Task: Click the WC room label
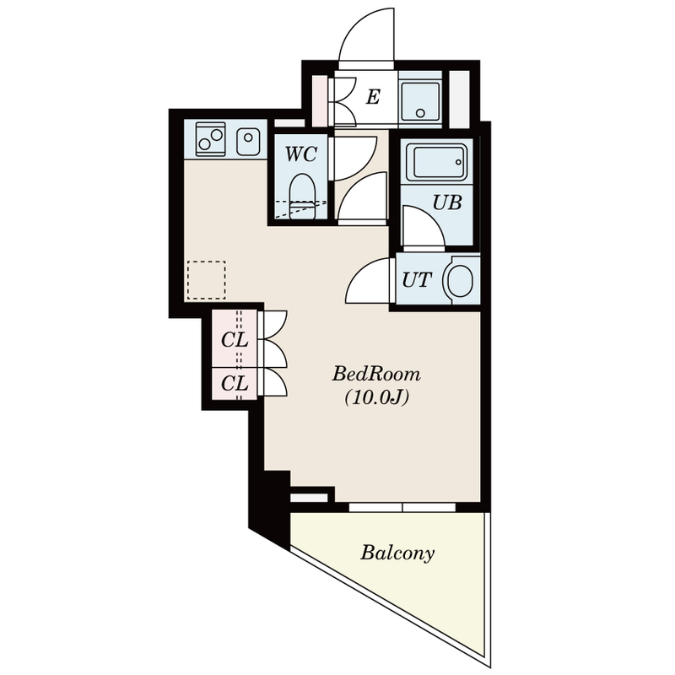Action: pos(301,154)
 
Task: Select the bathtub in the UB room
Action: pos(436,162)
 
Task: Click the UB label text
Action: pos(447,202)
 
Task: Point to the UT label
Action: pos(417,280)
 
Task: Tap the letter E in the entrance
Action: pos(373,97)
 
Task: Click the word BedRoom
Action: pos(376,374)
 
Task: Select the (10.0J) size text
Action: pos(376,398)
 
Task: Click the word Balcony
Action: pos(397,553)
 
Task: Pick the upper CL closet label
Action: pos(235,340)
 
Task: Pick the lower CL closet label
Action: pos(235,383)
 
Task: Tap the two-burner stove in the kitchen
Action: pos(210,139)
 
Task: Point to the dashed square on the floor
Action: pos(207,280)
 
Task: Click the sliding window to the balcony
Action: pos(402,508)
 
